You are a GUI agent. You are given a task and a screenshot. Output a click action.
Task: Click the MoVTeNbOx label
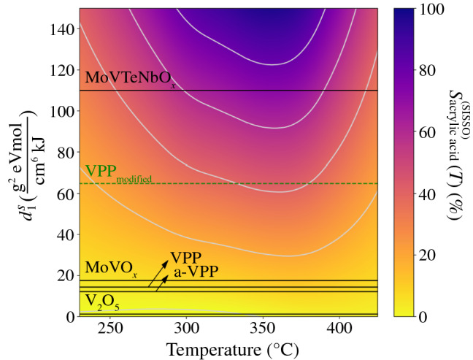[x=130, y=78]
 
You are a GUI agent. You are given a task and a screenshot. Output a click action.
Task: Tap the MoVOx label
[x=108, y=267]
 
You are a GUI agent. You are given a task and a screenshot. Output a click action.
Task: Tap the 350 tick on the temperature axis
[x=263, y=328]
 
